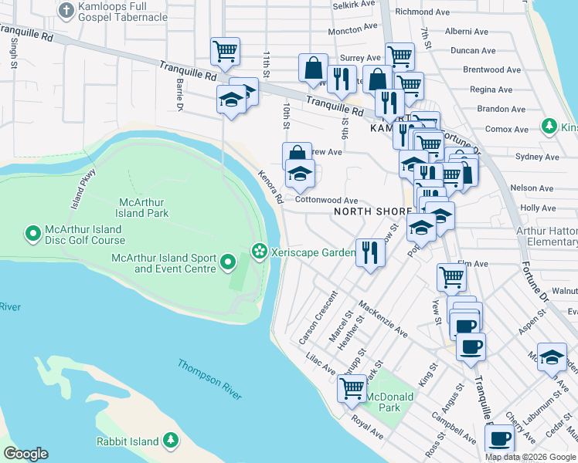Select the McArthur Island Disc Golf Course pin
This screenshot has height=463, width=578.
[x=33, y=232]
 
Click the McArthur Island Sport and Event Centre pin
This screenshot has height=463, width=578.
[x=228, y=263]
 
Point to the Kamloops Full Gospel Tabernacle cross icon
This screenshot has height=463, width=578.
[x=66, y=10]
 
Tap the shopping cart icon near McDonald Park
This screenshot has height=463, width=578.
[x=352, y=388]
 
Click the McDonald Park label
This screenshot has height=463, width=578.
[x=390, y=402]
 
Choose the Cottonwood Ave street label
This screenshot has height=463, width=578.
[x=327, y=199]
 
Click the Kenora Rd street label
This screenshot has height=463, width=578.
[x=270, y=187]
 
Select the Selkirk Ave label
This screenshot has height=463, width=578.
[x=354, y=5]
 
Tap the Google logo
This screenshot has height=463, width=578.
[x=25, y=454]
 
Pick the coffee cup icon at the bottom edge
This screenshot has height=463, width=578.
[x=498, y=440]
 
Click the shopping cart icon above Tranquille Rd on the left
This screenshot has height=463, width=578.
[x=225, y=52]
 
